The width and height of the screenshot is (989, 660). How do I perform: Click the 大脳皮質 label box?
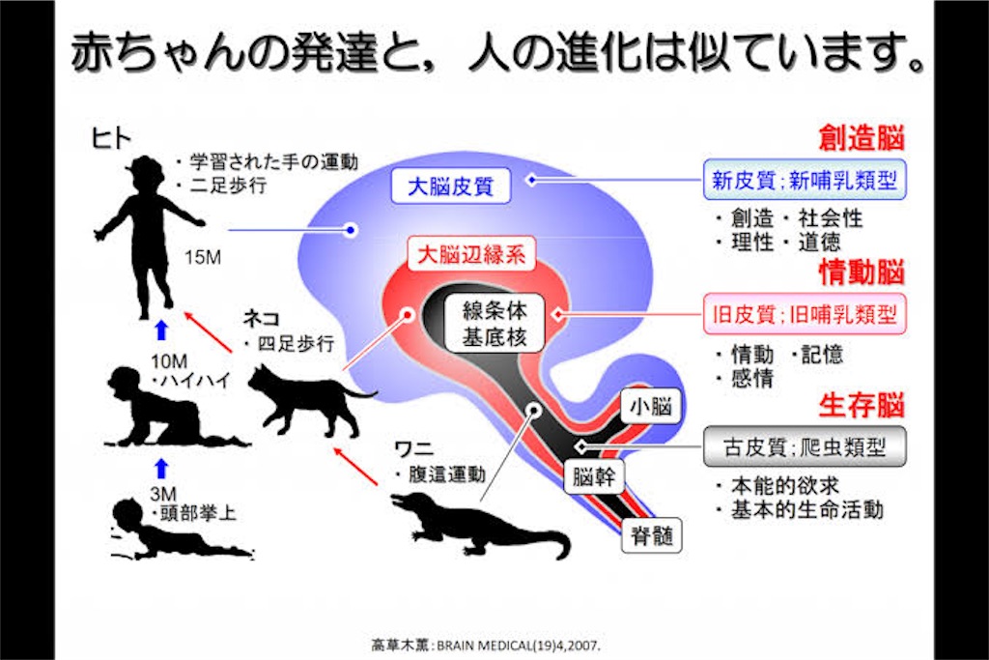pos(450,187)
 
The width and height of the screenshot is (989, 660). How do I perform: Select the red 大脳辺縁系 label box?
pos(471,254)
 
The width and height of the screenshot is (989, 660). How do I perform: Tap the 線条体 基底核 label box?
pos(494,323)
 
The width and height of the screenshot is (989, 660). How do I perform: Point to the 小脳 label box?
pos(652,407)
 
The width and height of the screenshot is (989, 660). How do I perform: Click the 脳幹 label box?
pos(594,476)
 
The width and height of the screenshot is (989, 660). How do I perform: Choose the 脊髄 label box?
pos(652,535)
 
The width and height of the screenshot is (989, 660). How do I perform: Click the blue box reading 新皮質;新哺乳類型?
pos(805,180)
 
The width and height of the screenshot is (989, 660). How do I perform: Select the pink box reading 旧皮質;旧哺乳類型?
pos(805,314)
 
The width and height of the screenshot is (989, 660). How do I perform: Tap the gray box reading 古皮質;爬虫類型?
pos(805,446)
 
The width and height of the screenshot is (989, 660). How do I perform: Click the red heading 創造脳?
pos(862,137)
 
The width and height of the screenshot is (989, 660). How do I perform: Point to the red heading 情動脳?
pos(862,272)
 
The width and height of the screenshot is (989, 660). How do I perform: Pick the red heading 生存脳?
pos(862,405)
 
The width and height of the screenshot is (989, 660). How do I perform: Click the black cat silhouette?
pos(309,401)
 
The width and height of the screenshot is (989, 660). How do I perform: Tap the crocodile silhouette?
pos(479,525)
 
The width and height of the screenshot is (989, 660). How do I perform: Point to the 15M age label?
pos(203,257)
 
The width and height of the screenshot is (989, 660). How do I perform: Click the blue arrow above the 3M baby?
pos(161,469)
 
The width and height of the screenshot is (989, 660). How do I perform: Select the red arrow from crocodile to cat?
pos(355,467)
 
